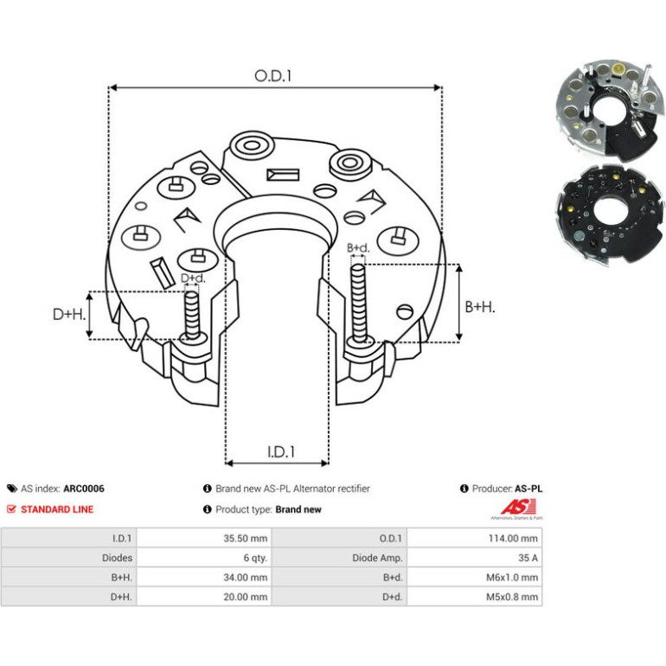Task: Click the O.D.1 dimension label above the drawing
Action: coord(273,76)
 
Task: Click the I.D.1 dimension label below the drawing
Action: coord(281,451)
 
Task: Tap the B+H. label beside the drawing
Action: coord(480,307)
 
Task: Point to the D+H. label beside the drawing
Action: coord(69,314)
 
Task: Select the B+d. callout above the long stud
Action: coord(358,247)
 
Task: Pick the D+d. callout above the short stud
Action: coord(193,279)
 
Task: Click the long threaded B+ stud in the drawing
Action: coord(359,303)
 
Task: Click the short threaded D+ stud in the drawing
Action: coord(192,315)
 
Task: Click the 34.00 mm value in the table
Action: coord(245,578)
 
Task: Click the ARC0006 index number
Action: coord(84,489)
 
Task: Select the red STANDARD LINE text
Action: coord(57,509)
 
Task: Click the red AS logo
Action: coord(517,507)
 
